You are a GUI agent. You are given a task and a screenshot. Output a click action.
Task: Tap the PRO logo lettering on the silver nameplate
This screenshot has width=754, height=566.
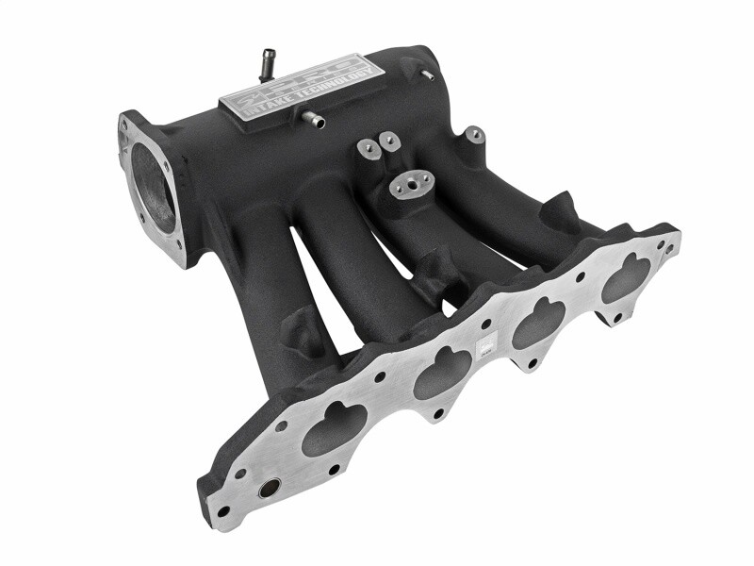[x=283, y=78]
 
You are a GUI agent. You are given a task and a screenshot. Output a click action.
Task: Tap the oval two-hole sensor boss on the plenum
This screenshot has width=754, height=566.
[x=413, y=184]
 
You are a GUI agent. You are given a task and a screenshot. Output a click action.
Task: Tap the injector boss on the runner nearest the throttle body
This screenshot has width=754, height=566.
[x=303, y=330]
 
